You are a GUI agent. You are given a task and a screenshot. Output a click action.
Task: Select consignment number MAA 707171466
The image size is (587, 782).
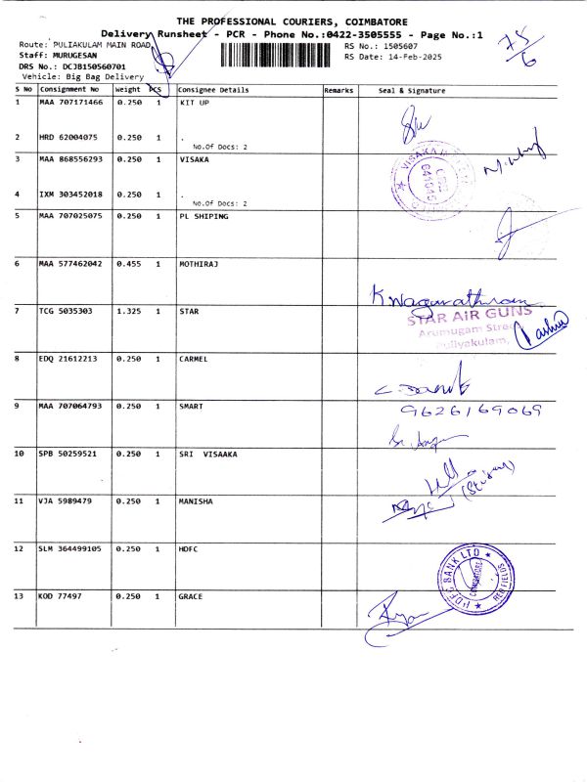pos(69,102)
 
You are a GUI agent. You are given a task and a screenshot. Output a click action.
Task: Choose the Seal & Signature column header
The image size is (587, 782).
pos(411,90)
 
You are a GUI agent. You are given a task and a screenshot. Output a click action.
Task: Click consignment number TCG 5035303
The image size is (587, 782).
pos(67,311)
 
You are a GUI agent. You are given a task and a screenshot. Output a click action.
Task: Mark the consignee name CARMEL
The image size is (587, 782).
pos(194,359)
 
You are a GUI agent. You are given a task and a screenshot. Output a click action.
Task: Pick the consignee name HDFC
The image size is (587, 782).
pos(189,548)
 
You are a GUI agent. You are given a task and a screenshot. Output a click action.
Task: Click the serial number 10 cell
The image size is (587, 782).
pos(20,455)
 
